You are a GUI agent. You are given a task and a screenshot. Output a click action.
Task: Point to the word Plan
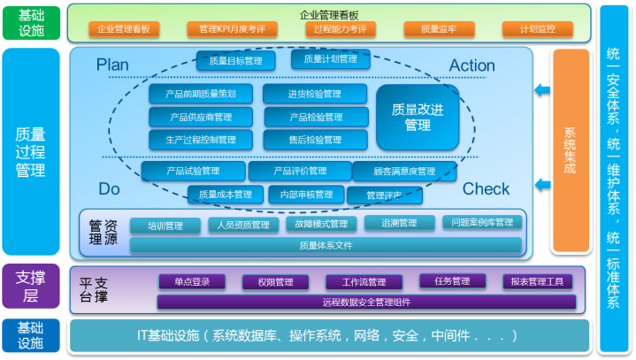112,65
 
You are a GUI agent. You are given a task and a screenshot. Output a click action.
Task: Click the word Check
486,188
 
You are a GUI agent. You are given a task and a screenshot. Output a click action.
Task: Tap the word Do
109,188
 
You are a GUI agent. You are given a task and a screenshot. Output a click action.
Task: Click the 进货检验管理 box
314,94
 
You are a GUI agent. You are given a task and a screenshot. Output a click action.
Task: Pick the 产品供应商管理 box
200,117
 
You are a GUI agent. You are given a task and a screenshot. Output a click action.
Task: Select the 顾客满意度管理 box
404,172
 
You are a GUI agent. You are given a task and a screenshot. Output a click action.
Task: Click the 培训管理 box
165,226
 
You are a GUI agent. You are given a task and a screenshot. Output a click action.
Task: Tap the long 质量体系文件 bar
326,246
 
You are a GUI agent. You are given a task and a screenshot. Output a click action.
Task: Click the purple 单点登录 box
192,282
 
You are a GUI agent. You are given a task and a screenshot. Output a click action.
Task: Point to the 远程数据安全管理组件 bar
365,303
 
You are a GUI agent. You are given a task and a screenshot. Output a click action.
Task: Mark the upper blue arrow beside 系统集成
542,90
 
